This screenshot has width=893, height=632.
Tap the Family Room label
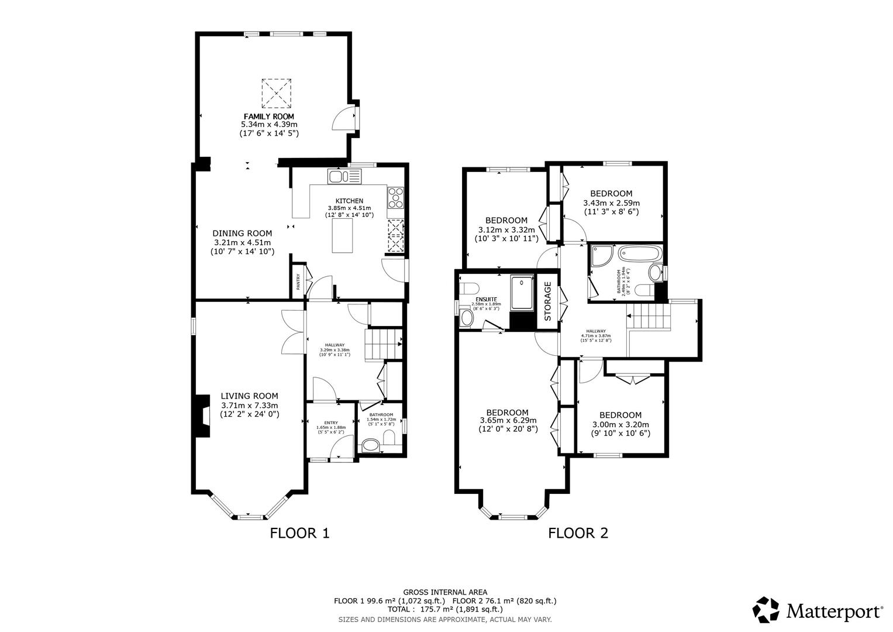click(x=269, y=116)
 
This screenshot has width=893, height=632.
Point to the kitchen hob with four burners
click(x=395, y=197)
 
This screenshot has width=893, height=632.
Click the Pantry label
click(x=298, y=283)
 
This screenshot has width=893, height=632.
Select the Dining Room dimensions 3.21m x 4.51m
click(x=242, y=242)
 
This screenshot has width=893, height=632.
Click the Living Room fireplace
click(x=202, y=416)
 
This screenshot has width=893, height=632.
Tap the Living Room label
click(x=249, y=396)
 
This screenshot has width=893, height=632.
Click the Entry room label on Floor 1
click(x=331, y=423)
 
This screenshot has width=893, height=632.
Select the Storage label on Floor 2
click(x=548, y=301)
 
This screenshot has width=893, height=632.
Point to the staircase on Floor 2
click(x=649, y=317)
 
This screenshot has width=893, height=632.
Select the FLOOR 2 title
click(x=578, y=533)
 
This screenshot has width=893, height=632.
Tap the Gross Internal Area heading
click(x=444, y=592)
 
